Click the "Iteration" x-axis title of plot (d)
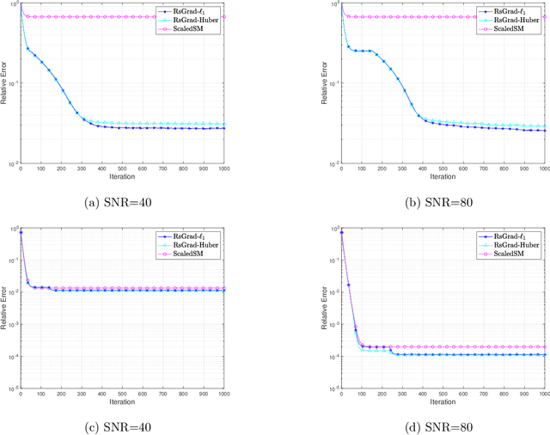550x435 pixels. point(443,401)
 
